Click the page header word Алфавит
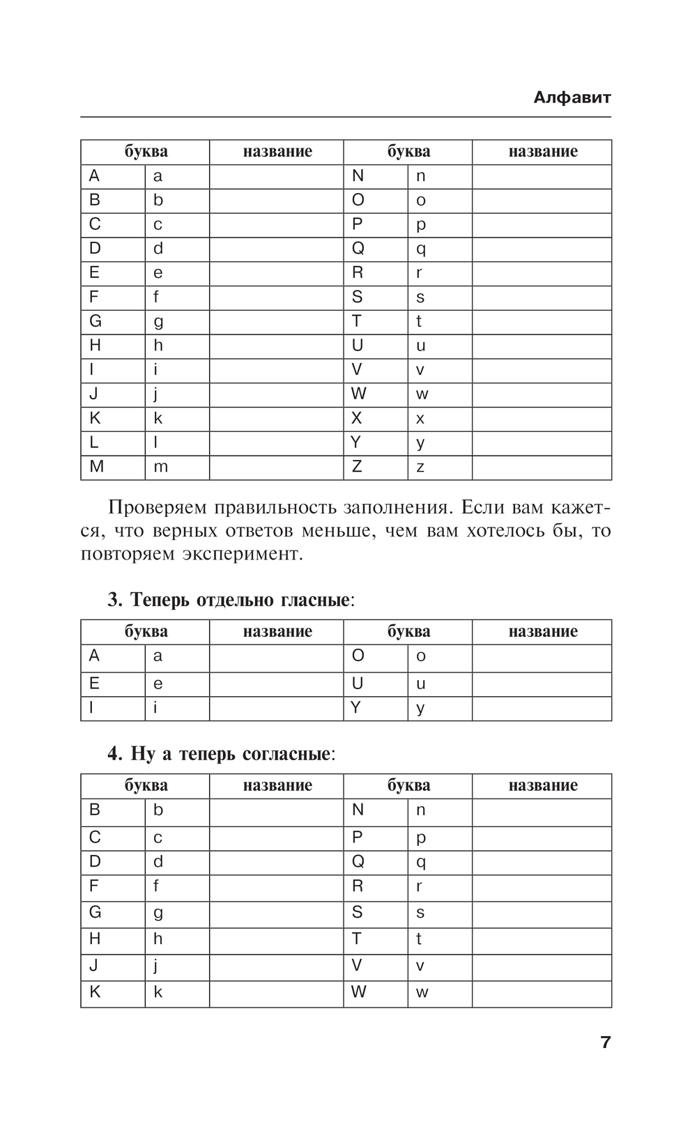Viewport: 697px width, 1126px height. [x=572, y=98]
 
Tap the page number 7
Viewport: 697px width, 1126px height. [x=605, y=1042]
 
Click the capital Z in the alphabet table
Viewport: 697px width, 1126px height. [x=357, y=467]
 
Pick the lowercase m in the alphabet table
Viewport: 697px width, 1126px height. [x=160, y=467]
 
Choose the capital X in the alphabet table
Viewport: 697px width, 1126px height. [x=357, y=418]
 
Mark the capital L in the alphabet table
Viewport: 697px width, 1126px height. [x=94, y=442]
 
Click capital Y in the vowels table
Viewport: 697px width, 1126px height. [x=356, y=708]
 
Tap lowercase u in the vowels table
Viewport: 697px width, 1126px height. [x=420, y=684]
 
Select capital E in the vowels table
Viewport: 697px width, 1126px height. [x=94, y=684]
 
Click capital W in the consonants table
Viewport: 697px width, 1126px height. [x=358, y=992]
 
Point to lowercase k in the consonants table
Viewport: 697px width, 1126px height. [x=158, y=992]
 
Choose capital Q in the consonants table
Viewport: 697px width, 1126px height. [x=358, y=862]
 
